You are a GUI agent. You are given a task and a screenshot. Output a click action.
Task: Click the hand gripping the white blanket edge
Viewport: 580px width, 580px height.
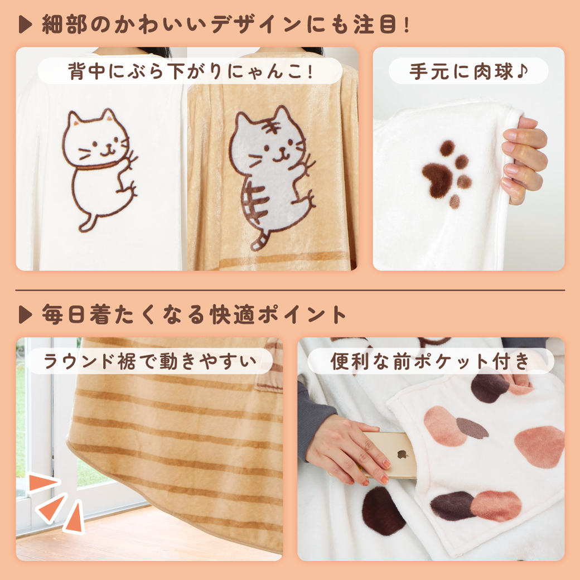pyautogui.click(x=524, y=159)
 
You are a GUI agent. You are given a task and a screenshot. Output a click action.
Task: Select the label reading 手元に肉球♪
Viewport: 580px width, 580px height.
pyautogui.click(x=468, y=71)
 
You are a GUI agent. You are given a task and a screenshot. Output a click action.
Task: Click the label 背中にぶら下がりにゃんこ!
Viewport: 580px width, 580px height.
pyautogui.click(x=190, y=71)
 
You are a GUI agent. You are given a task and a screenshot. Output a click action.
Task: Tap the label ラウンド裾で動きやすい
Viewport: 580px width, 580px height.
pyautogui.click(x=149, y=361)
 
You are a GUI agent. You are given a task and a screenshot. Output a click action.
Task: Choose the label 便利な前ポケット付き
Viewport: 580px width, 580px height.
pyautogui.click(x=431, y=361)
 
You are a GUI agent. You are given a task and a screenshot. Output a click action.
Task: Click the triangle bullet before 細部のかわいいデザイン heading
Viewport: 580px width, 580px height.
pyautogui.click(x=25, y=25)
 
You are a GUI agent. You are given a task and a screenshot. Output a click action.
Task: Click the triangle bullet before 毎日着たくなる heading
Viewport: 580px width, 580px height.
pyautogui.click(x=25, y=315)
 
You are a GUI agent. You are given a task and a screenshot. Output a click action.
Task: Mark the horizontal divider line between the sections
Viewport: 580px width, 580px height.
pyautogui.click(x=290, y=291)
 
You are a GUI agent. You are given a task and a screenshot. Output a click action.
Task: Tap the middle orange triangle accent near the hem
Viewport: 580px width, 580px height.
pyautogui.click(x=51, y=507)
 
